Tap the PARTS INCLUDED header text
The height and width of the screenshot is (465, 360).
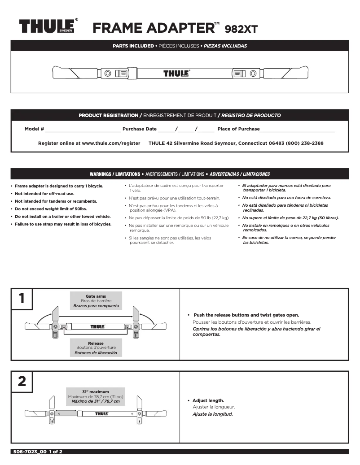coord(132,46)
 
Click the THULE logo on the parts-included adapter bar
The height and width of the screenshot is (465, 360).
coord(176,73)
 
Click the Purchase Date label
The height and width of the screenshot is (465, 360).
coord(140,129)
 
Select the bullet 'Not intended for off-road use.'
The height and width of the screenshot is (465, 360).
coord(44,194)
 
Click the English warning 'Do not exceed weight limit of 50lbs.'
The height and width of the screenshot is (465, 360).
coord(50,209)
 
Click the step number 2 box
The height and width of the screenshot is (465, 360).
coord(22,382)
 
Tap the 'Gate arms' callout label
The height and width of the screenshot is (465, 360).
coord(96,296)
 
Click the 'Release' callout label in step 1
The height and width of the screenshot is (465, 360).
coord(96,343)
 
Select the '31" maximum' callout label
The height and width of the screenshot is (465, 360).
coord(95,392)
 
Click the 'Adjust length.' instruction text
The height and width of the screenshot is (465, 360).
coord(208,400)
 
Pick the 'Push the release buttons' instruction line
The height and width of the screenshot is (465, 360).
coord(246,315)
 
